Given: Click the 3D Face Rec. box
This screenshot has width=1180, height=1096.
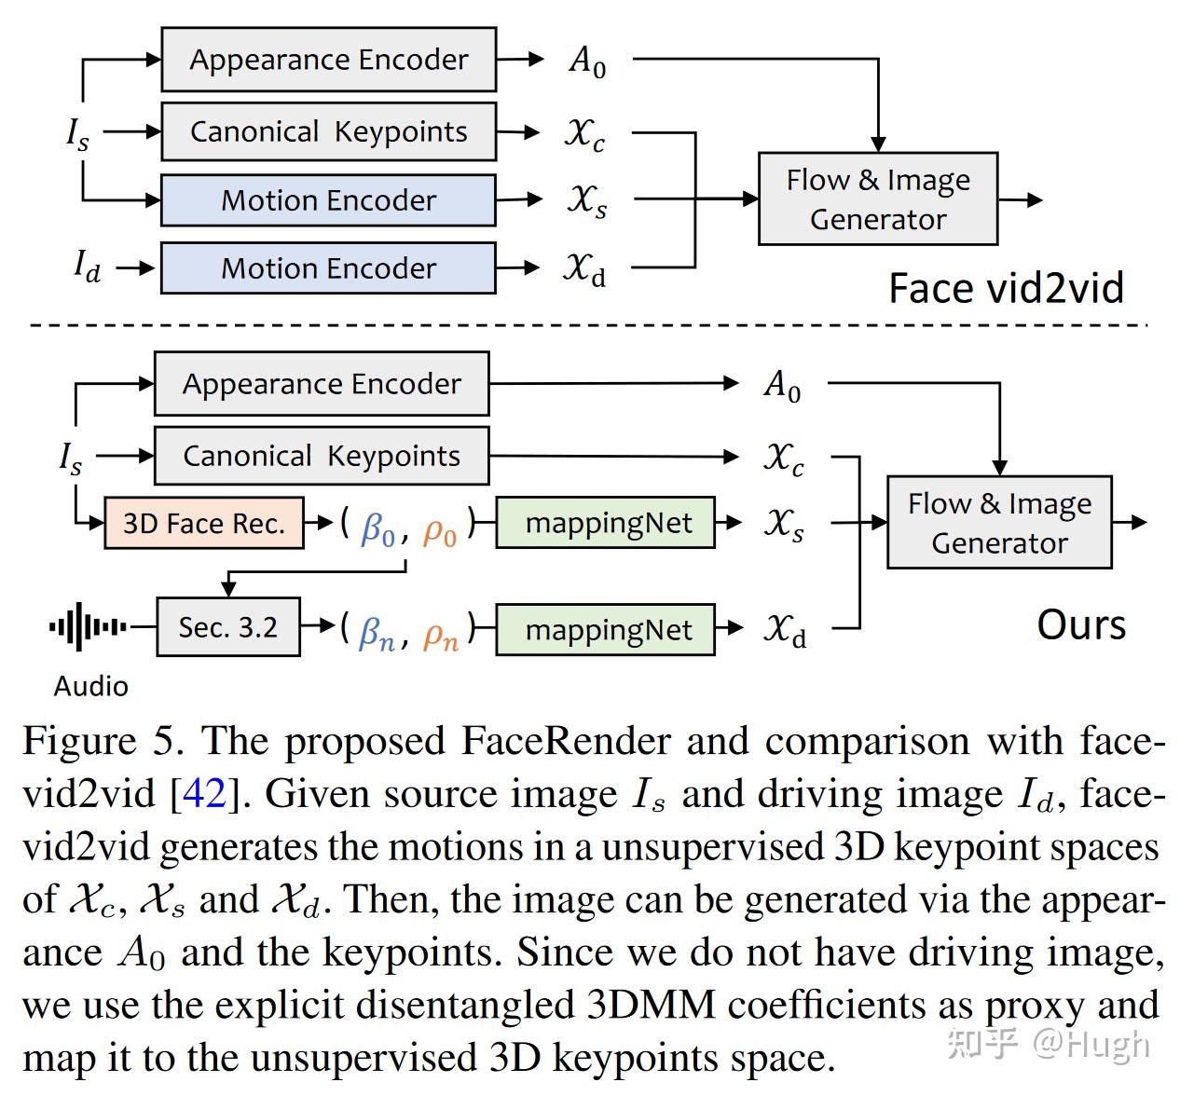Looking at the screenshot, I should (203, 523).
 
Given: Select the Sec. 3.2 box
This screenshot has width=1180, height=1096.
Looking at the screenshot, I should (228, 627).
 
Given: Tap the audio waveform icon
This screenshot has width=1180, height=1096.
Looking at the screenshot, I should (88, 626).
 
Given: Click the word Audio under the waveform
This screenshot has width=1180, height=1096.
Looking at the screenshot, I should (90, 686).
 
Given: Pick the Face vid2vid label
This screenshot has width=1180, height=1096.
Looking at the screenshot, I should (1006, 288).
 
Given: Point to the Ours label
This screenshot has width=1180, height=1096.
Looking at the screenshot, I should (1081, 624).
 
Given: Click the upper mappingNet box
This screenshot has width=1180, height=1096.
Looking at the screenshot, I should (608, 523).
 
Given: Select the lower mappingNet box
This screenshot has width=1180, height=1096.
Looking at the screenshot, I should (608, 630).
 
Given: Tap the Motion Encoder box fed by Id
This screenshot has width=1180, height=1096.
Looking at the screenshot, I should (328, 268).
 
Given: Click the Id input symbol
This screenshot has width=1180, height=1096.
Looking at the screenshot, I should (87, 267).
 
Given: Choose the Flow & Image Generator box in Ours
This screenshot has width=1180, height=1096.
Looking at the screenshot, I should (999, 523).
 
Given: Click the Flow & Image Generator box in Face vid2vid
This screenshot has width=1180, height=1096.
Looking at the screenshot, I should (878, 199).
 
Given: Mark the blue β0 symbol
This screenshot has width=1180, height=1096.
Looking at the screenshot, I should (377, 529).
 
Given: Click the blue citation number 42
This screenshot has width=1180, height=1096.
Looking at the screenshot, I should (204, 794).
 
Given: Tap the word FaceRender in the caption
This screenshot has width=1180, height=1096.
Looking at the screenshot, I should (566, 742).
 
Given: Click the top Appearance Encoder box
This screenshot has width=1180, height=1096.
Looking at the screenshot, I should (328, 60).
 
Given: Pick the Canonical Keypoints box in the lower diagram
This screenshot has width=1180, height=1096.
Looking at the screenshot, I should (321, 456).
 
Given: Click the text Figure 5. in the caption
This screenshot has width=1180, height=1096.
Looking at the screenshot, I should (103, 742).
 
